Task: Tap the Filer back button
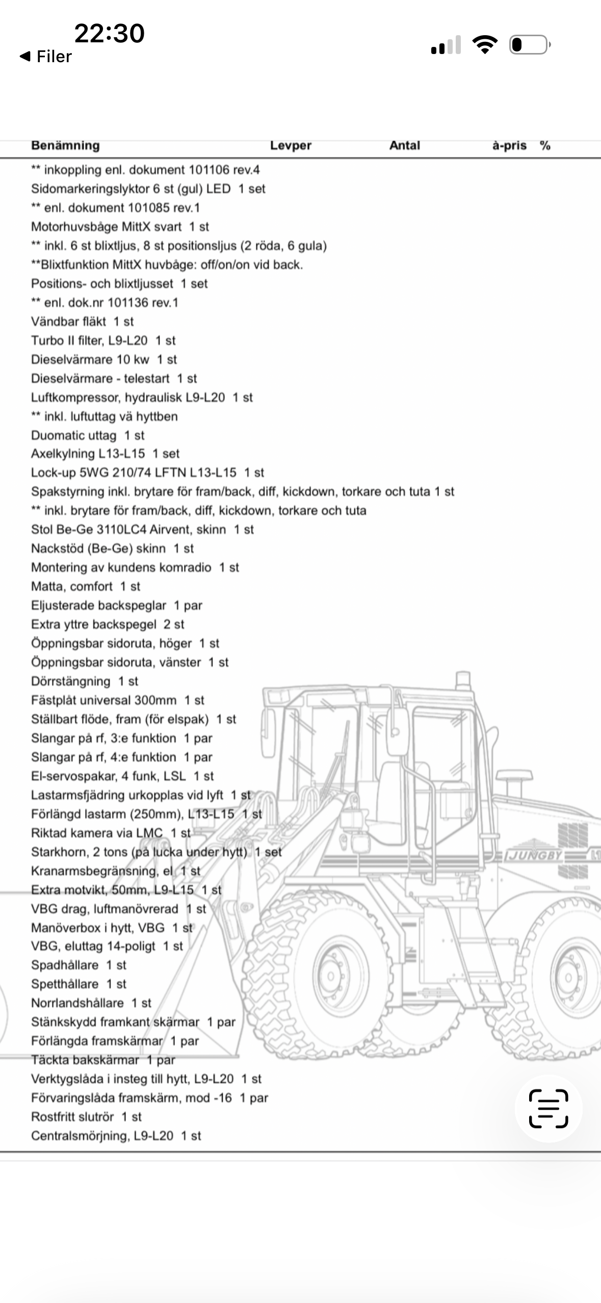46,56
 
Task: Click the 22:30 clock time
109,34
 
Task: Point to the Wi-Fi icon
485,45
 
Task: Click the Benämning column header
65,145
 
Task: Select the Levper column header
291,145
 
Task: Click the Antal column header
404,145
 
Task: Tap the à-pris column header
509,145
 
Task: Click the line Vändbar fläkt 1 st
82,322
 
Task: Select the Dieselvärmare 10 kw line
103,359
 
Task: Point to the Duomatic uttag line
88,435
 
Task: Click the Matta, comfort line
85,586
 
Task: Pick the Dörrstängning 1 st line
85,681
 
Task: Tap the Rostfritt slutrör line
86,1116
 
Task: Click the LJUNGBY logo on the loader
533,855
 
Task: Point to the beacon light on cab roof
463,681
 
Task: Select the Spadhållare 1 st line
79,965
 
